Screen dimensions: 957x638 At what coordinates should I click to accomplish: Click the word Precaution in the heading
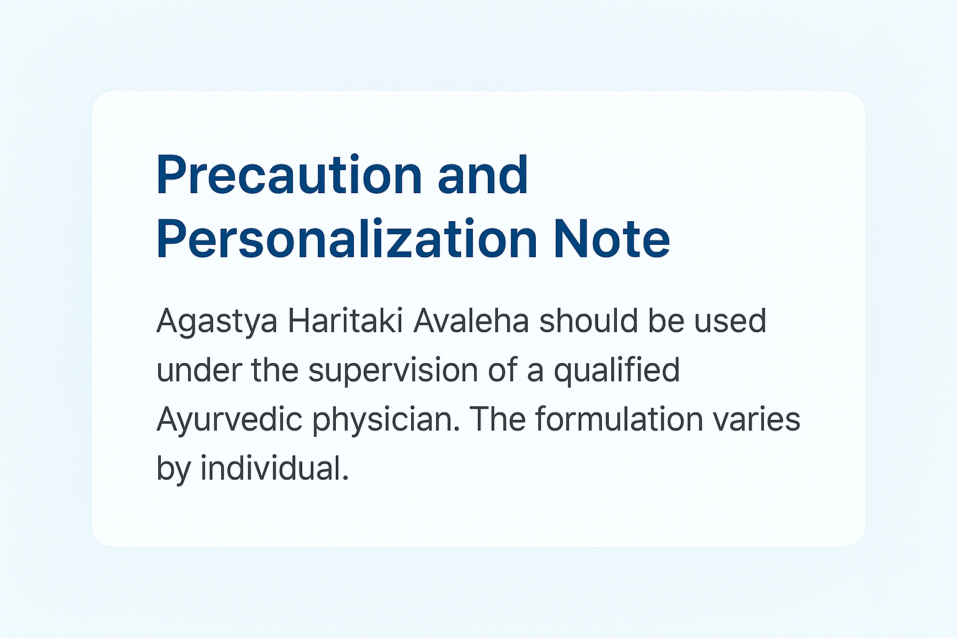click(289, 175)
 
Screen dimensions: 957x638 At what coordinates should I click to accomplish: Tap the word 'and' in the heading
click(483, 175)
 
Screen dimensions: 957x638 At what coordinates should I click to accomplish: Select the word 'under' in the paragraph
click(199, 369)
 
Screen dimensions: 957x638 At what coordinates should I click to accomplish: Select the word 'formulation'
click(619, 419)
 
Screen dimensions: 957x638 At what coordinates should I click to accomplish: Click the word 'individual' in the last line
click(275, 468)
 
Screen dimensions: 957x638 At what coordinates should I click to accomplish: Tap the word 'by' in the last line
click(173, 470)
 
